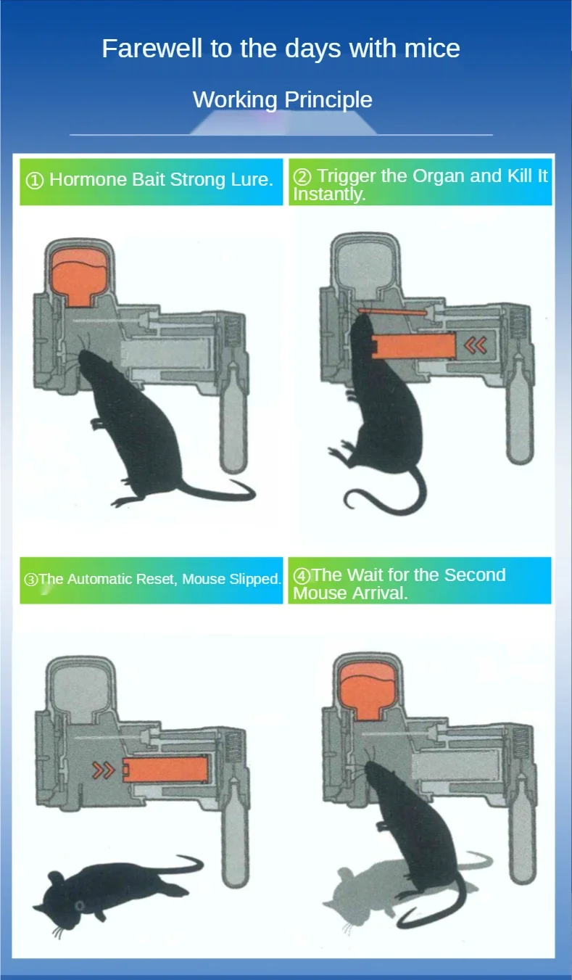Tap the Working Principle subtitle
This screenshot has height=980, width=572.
283,99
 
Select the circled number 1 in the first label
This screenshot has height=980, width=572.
34,181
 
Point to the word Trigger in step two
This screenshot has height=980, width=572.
347,176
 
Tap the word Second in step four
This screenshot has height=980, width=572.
475,575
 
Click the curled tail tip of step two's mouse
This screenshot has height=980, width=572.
352,501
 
